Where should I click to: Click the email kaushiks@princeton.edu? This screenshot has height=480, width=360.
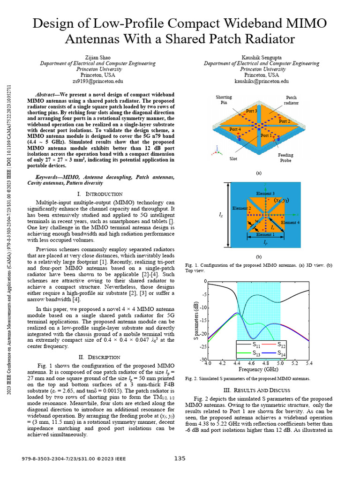tap(262, 81)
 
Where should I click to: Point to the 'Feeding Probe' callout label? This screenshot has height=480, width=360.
tap(285, 157)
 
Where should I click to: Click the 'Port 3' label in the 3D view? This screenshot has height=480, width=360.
tap(251, 111)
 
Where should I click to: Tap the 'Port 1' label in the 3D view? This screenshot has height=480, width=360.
tap(266, 135)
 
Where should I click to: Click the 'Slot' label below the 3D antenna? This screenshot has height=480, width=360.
tap(233, 158)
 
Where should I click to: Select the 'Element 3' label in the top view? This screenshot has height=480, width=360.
tap(265, 194)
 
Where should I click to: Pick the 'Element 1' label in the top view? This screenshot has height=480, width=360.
tap(265, 234)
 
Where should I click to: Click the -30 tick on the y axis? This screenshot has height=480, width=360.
tap(203, 360)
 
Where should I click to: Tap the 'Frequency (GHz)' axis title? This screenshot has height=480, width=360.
tap(259, 369)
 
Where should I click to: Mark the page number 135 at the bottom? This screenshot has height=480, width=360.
tap(180, 458)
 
